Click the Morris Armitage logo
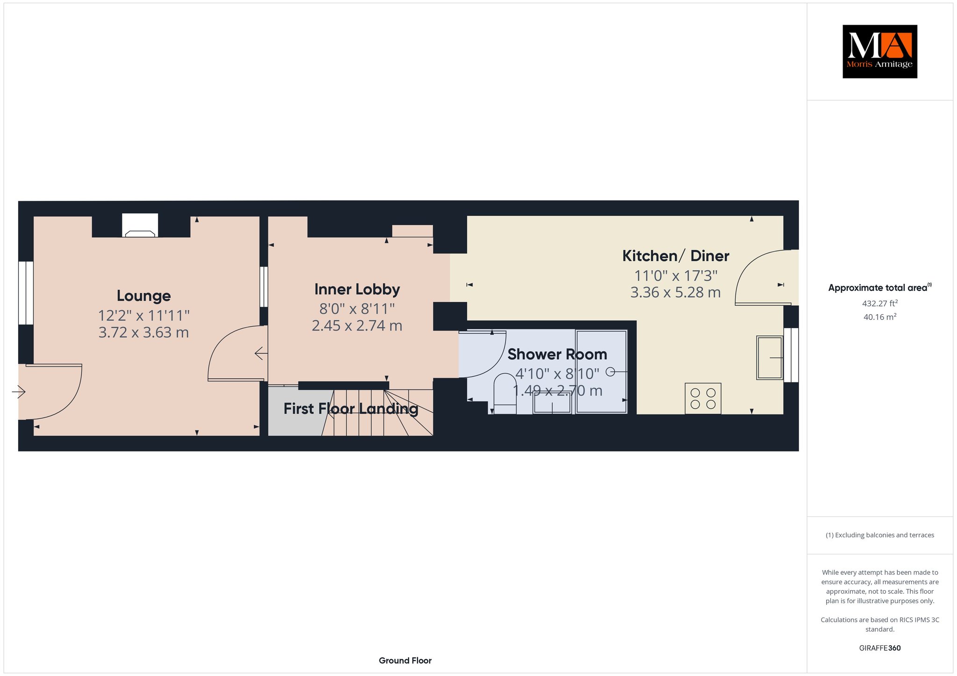(x=879, y=51)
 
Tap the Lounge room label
(x=143, y=296)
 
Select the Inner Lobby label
(x=357, y=289)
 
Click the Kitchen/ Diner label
(x=676, y=256)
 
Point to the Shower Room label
(x=557, y=354)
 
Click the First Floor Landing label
(x=351, y=409)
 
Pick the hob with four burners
(x=703, y=398)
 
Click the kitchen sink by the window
(x=770, y=357)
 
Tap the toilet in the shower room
(x=505, y=394)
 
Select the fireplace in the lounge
(x=140, y=225)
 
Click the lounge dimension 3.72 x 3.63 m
(x=143, y=333)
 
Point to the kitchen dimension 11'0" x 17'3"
(x=676, y=276)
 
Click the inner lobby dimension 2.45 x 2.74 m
(x=357, y=325)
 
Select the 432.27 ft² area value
(x=880, y=303)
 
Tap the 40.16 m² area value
(x=880, y=317)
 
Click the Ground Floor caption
(x=405, y=661)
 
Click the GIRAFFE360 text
(x=880, y=648)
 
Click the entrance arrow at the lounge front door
(x=18, y=391)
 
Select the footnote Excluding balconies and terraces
(x=880, y=535)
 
